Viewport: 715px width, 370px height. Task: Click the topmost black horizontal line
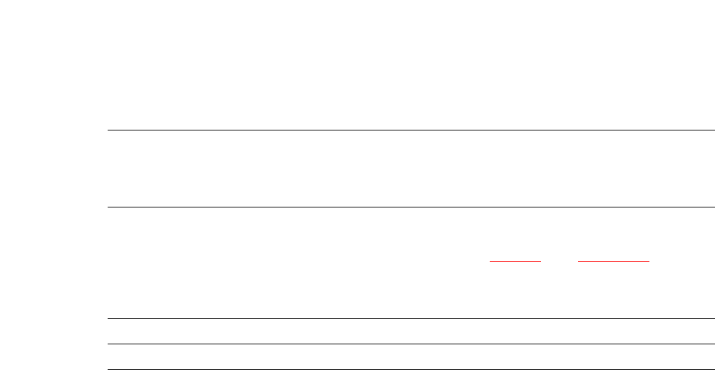(x=410, y=130)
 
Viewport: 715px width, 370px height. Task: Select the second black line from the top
(x=410, y=207)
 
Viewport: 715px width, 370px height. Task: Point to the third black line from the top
(x=410, y=318)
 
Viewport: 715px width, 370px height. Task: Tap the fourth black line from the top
(x=410, y=344)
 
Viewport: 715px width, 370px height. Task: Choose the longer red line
(x=614, y=261)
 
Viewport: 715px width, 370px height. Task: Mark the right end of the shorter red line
(x=541, y=261)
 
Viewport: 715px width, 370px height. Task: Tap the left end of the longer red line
(x=579, y=261)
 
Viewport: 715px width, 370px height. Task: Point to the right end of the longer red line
(x=649, y=261)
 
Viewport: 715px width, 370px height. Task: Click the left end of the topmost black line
(x=108, y=130)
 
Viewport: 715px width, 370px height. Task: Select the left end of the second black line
(x=108, y=207)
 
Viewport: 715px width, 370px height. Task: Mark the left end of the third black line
(x=108, y=318)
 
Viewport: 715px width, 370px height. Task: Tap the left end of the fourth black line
(x=108, y=344)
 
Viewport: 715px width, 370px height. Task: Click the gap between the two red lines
(x=560, y=261)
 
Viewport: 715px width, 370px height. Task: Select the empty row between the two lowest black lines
(x=410, y=357)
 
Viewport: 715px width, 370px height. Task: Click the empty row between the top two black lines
(x=410, y=169)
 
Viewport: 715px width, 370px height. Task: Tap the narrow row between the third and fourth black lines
(x=410, y=332)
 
